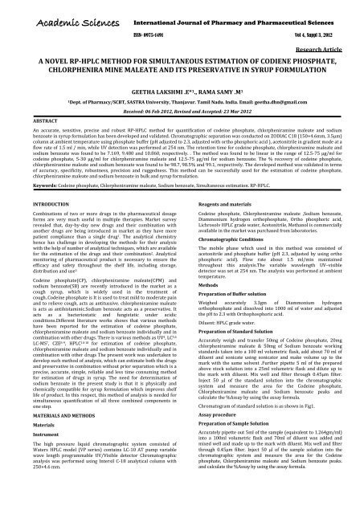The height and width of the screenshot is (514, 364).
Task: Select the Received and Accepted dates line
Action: tap(182, 113)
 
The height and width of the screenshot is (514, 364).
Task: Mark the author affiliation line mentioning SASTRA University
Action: tap(182, 104)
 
